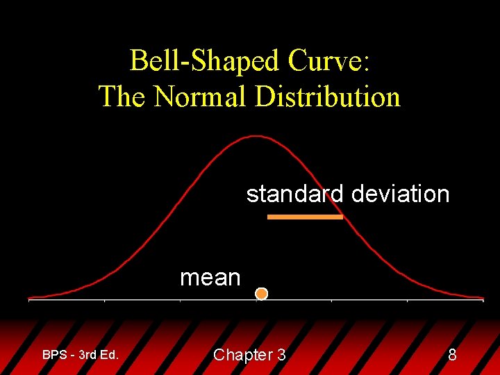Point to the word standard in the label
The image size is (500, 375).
[x=295, y=194]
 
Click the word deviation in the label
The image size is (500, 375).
[x=400, y=194]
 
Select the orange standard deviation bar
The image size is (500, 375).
[x=306, y=217]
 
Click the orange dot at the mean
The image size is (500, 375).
[x=261, y=294]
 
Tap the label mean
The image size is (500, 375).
[x=210, y=278]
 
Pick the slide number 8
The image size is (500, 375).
[x=452, y=355]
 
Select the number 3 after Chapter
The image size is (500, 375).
[x=281, y=355]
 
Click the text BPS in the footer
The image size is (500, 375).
[x=54, y=355]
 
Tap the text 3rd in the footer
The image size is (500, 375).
[x=87, y=355]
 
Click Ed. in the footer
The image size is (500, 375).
[x=109, y=355]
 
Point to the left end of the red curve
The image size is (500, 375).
[x=29, y=299]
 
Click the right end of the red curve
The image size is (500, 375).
[x=483, y=298]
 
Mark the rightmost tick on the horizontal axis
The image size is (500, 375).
[x=483, y=300]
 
